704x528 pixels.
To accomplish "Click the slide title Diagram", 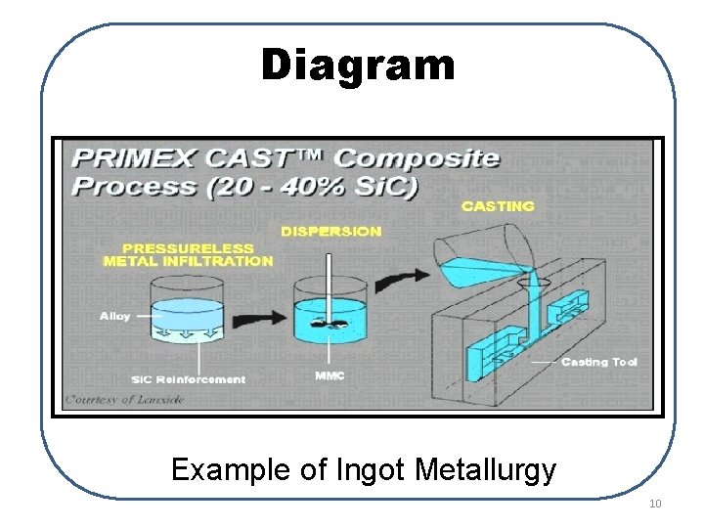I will tap(358, 66).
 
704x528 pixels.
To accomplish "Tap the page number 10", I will tap(654, 504).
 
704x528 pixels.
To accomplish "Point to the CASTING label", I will tap(498, 206).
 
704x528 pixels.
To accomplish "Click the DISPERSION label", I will tap(330, 231).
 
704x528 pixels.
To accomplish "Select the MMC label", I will tap(330, 375).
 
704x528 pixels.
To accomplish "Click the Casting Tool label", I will tap(599, 362).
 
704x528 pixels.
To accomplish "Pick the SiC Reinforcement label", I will tap(188, 379).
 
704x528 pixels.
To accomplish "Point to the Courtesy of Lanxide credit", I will tap(110, 399).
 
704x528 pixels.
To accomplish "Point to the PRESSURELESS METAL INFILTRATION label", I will tap(188, 254).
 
